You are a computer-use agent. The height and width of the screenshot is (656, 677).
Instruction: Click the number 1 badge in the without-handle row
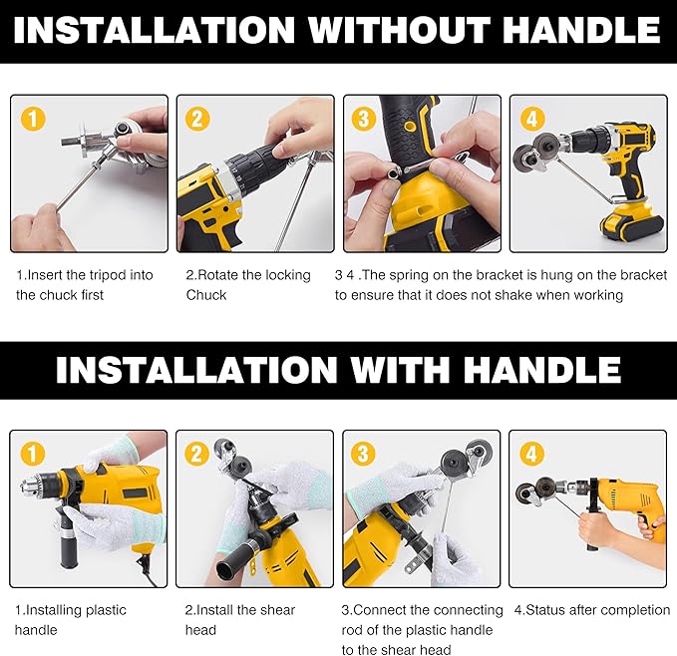pyautogui.click(x=33, y=119)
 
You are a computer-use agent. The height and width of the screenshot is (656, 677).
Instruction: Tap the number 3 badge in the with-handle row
pyautogui.click(x=363, y=454)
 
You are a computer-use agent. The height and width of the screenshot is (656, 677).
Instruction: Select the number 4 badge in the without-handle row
pyautogui.click(x=532, y=119)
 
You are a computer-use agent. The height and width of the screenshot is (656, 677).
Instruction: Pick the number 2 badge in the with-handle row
pyautogui.click(x=196, y=454)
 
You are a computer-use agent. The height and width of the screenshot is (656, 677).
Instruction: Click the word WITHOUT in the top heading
pyautogui.click(x=400, y=30)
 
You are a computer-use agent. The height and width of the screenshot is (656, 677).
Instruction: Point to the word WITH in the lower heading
pyautogui.click(x=395, y=370)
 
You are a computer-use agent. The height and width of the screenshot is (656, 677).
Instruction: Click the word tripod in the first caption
pyautogui.click(x=108, y=275)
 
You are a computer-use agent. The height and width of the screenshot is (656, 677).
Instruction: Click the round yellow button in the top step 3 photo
pyautogui.click(x=409, y=126)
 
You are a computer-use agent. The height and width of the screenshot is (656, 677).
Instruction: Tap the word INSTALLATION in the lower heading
pyautogui.click(x=196, y=370)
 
